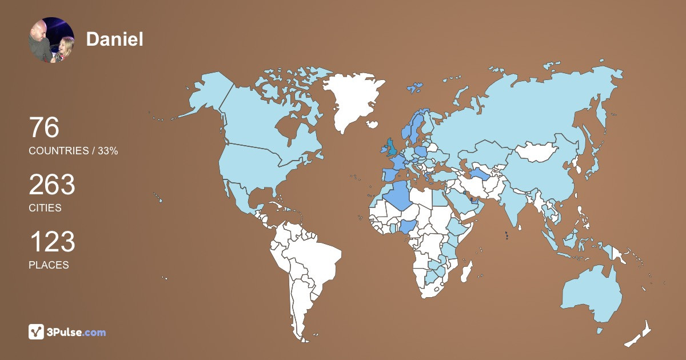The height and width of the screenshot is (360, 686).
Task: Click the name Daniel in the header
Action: pyautogui.click(x=114, y=39)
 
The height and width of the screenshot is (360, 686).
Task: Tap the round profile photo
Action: pyautogui.click(x=51, y=40)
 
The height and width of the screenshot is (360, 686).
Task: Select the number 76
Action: pyautogui.click(x=44, y=128)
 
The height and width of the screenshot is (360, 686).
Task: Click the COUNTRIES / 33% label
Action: pyautogui.click(x=73, y=151)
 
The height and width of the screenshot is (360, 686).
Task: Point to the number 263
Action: pyautogui.click(x=52, y=185)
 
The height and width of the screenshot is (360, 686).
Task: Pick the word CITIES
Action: pyautogui.click(x=45, y=208)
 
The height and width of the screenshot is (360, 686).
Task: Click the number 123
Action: pyautogui.click(x=52, y=242)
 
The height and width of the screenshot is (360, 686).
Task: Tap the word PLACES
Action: pyautogui.click(x=49, y=265)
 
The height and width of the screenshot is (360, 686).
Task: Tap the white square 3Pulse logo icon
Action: pyautogui.click(x=37, y=332)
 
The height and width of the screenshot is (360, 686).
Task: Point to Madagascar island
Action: pyautogui.click(x=467, y=271)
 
